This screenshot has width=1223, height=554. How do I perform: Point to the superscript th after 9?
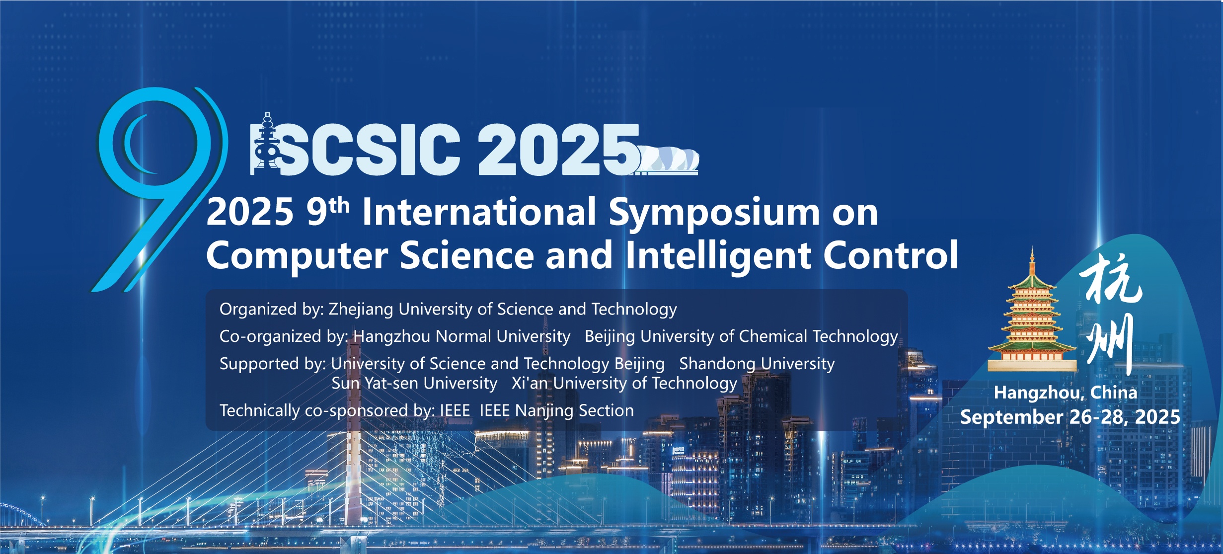[339, 205]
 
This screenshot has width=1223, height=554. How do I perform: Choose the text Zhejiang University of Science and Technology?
[503, 309]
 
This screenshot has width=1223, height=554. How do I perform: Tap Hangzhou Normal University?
[462, 336]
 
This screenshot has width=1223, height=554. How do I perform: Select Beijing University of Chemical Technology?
[741, 336]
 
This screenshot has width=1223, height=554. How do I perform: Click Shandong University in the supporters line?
[757, 364]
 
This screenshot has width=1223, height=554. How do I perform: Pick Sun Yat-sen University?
[414, 383]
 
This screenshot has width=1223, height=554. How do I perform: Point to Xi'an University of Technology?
[624, 383]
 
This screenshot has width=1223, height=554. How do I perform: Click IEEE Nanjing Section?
[557, 410]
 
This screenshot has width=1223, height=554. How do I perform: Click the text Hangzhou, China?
[1066, 393]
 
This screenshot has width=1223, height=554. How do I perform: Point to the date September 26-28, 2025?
[1070, 417]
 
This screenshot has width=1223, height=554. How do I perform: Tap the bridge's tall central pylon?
[353, 447]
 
